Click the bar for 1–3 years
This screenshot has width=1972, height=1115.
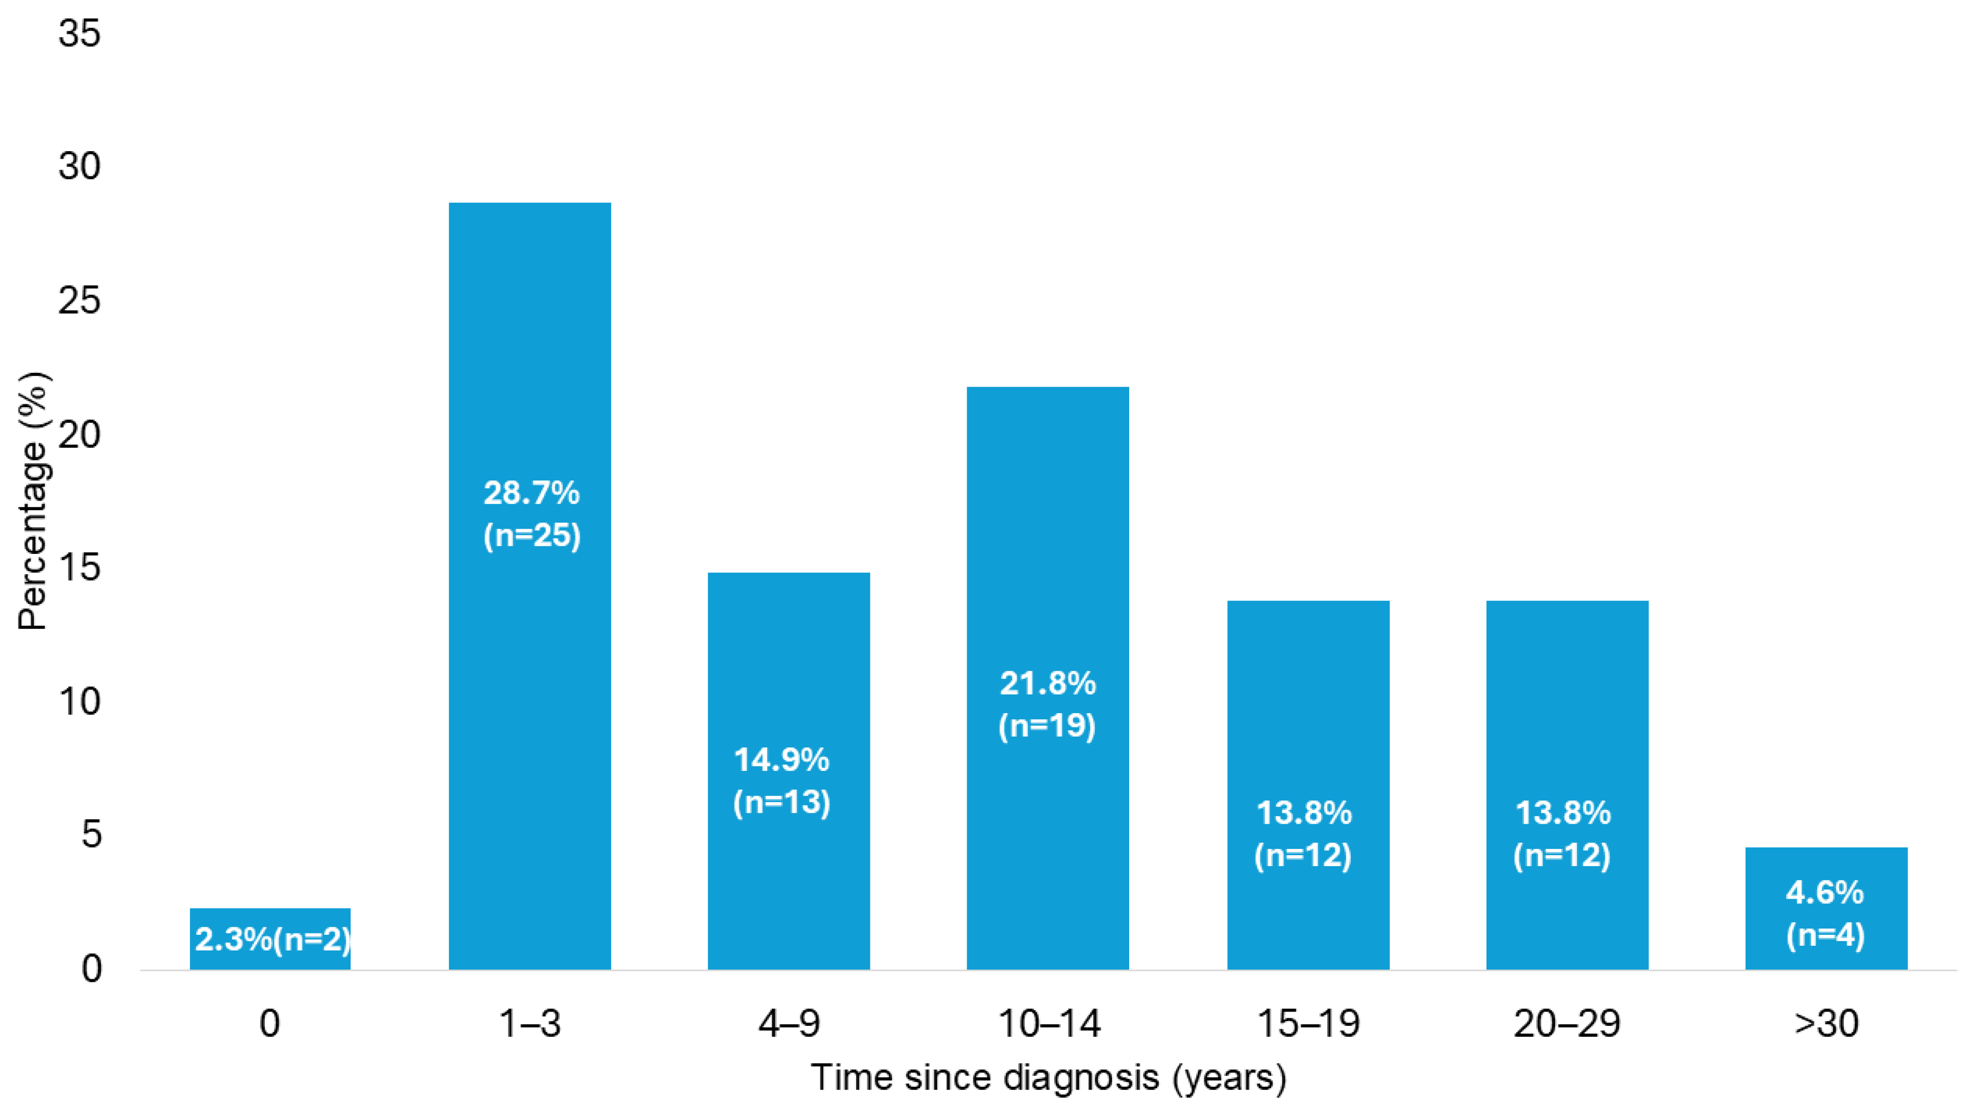point(530,586)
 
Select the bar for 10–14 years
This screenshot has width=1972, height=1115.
point(1047,678)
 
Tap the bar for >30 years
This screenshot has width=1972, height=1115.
point(1826,908)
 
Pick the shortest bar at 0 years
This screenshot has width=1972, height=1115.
point(270,939)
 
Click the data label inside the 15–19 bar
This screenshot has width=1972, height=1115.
point(1304,834)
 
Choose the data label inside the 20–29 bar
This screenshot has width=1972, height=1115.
point(1562,834)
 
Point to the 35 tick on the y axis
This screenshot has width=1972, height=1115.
point(80,34)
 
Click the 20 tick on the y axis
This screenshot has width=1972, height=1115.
point(80,435)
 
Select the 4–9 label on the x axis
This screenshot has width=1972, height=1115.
point(789,1023)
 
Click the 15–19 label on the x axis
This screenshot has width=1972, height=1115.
point(1308,1023)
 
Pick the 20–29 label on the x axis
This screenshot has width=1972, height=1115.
point(1567,1023)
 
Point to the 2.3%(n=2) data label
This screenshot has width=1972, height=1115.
point(273,940)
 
